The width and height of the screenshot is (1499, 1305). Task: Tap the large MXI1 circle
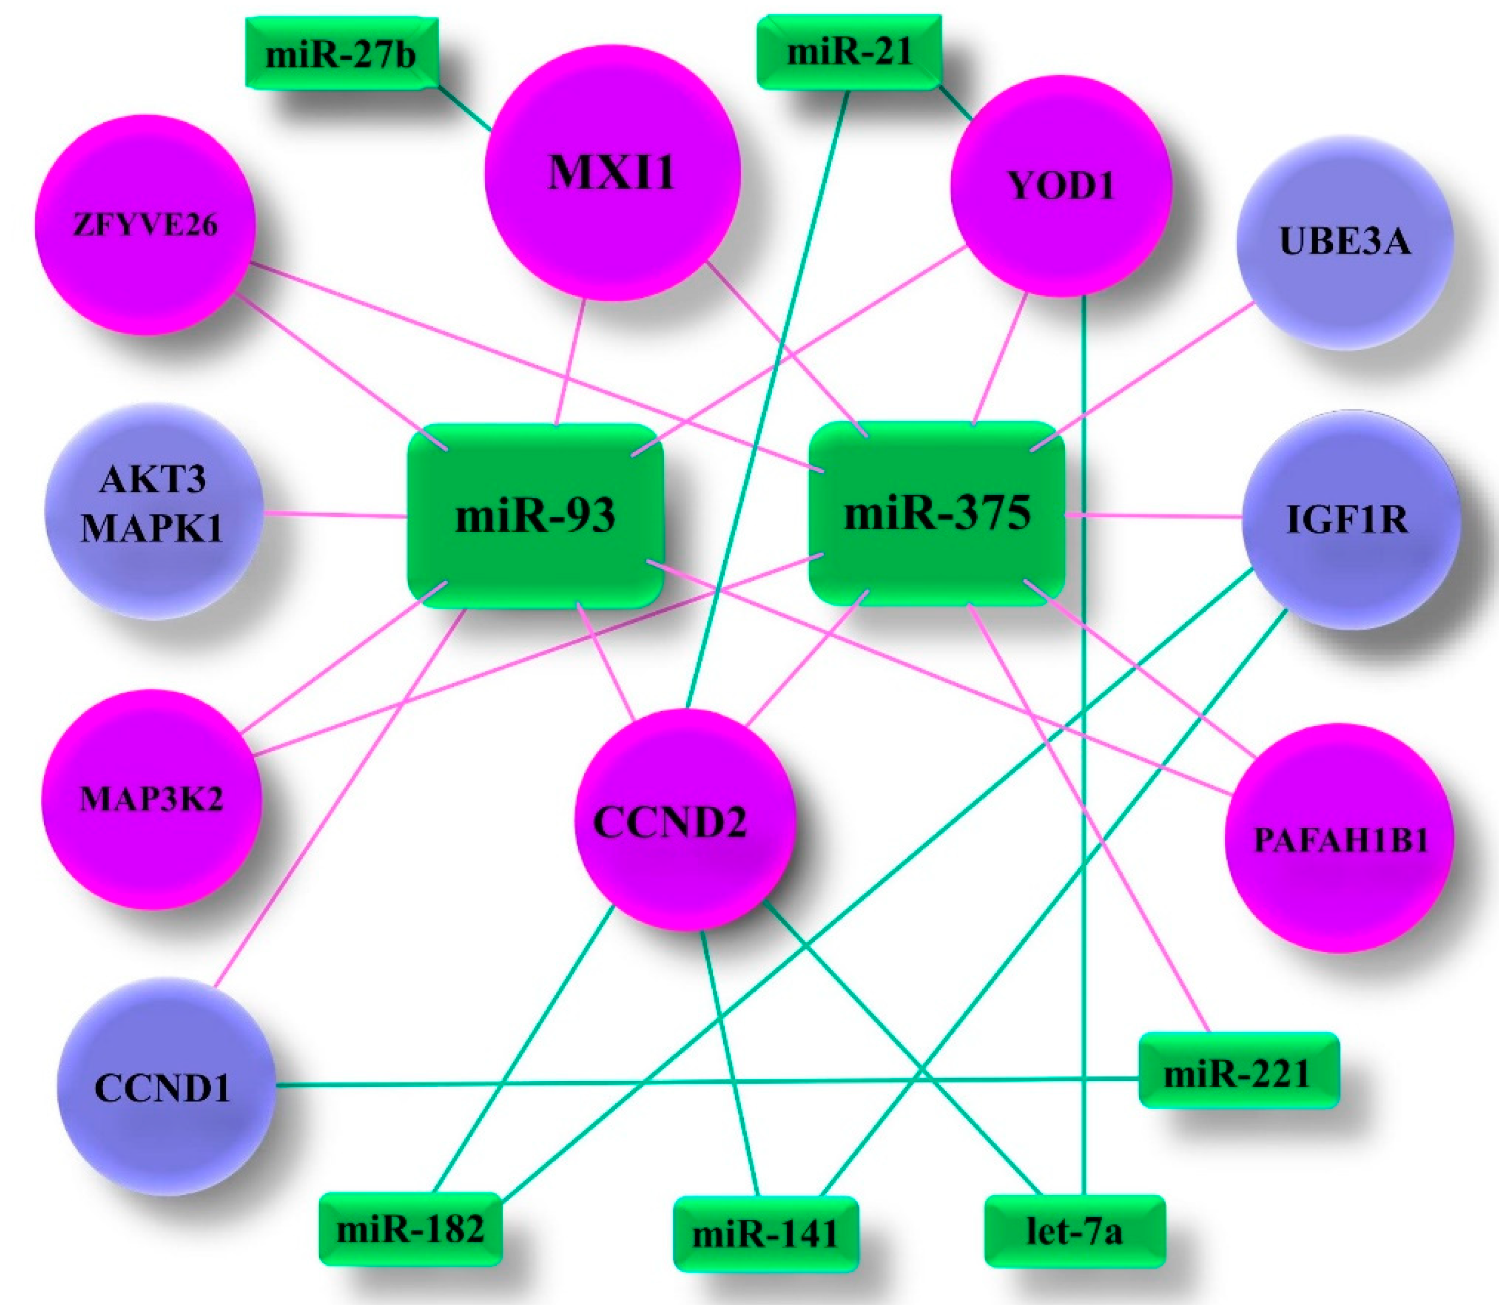(612, 173)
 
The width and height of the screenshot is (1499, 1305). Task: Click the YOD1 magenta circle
(1060, 186)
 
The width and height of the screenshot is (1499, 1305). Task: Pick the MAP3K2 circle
(151, 799)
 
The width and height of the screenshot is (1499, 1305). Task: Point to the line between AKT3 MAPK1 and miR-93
(335, 516)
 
